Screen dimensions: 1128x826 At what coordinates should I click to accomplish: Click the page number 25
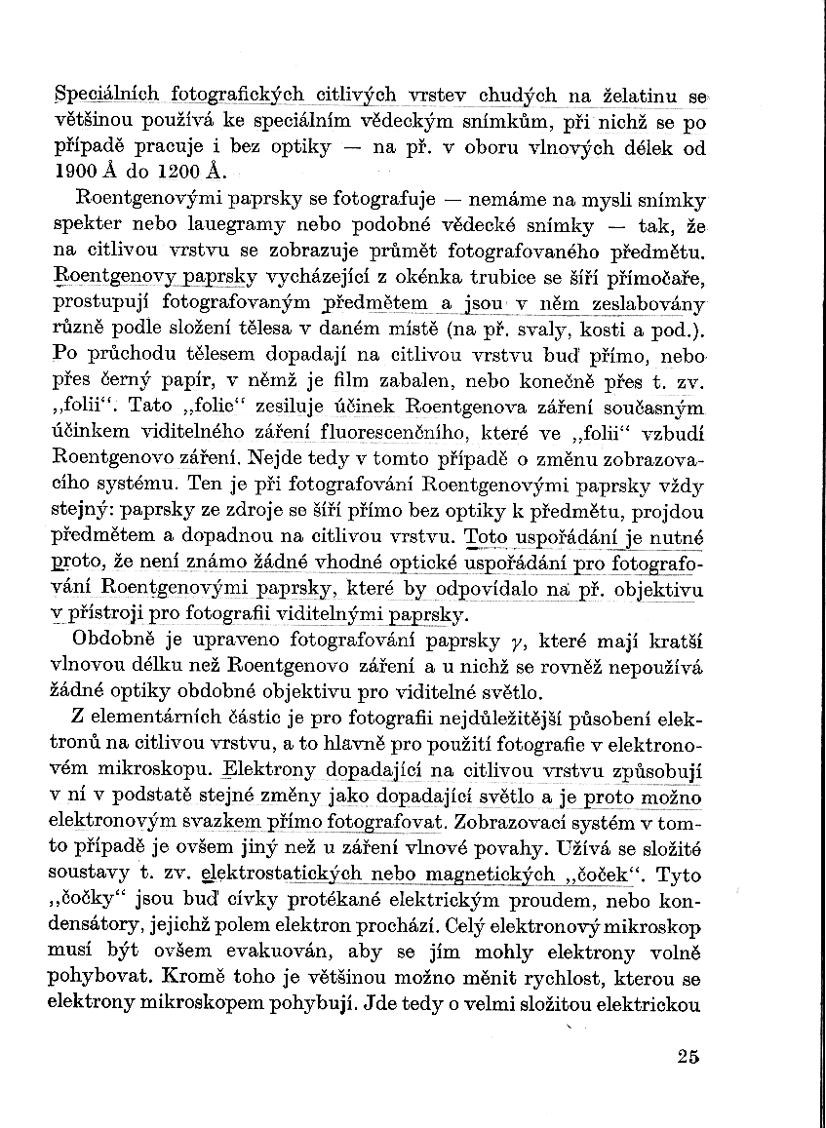[x=687, y=1058]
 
